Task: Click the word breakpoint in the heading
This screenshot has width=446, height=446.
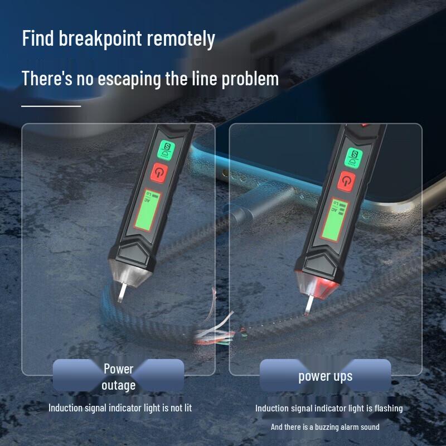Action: [x=100, y=38]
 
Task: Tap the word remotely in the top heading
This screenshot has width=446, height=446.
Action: [x=181, y=38]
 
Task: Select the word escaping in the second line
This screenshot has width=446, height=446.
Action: [x=129, y=79]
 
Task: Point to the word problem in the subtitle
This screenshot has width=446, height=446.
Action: [x=250, y=79]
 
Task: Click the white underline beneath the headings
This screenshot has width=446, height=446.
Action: [x=51, y=106]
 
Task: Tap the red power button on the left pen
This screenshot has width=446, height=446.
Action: [x=159, y=173]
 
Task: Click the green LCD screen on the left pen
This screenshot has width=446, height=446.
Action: [x=148, y=210]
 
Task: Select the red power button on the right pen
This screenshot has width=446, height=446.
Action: [x=346, y=181]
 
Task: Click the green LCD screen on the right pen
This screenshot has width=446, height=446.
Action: [x=334, y=220]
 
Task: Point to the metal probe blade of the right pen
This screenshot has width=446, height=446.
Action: [x=309, y=305]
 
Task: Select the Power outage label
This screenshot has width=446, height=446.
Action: [x=118, y=377]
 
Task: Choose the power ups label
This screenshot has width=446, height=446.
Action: [x=326, y=376]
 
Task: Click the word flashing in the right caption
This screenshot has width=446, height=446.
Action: [x=389, y=409]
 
